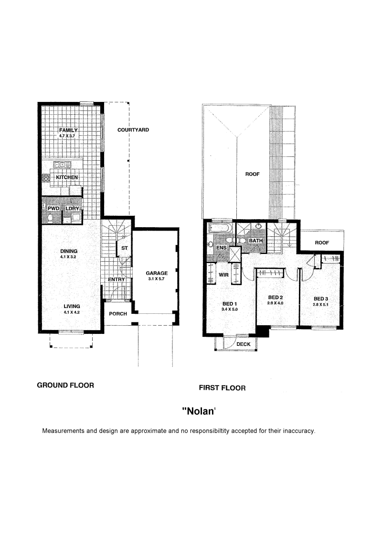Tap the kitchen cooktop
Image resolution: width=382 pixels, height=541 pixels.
click(46, 178)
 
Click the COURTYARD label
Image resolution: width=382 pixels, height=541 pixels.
click(133, 130)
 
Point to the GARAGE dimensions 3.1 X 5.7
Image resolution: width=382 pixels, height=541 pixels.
click(157, 279)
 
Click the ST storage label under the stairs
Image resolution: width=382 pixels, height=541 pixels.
click(125, 248)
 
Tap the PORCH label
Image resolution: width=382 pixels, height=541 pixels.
click(118, 314)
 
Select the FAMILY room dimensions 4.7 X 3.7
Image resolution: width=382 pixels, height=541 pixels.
click(67, 136)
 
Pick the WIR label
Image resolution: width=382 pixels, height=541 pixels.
click(223, 275)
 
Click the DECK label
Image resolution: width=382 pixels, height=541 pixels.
click(244, 344)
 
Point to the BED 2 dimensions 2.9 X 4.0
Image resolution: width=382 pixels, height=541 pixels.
click(275, 303)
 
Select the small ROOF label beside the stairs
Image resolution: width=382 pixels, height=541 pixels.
click(322, 243)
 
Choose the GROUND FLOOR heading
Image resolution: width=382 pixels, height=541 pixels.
click(65, 386)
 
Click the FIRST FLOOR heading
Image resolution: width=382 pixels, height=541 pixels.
click(222, 388)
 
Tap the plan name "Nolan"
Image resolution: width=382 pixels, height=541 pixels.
click(199, 411)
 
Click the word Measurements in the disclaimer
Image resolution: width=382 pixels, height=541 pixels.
click(64, 431)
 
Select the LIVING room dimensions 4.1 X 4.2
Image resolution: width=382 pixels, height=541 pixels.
click(72, 312)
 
